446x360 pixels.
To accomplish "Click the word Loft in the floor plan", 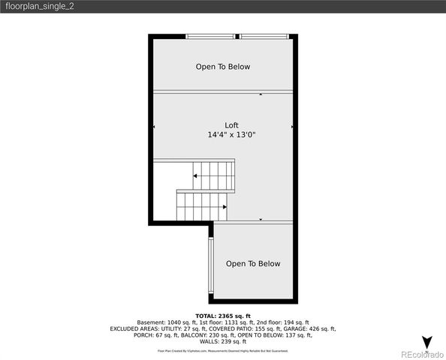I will (x=232, y=125).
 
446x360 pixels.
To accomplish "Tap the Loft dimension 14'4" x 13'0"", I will (x=232, y=135).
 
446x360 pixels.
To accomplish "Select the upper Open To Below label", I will (x=223, y=67).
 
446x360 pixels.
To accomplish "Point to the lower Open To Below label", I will (x=253, y=263).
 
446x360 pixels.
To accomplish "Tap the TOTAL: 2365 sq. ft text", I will (x=223, y=316).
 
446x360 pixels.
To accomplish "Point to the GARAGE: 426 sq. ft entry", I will (x=309, y=328).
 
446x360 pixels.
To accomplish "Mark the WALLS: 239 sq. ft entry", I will (x=223, y=341).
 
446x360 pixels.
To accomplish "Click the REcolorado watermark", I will (x=421, y=354).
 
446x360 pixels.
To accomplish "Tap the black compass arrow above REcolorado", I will (x=426, y=343).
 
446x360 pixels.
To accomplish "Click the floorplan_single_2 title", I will (x=38, y=6).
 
